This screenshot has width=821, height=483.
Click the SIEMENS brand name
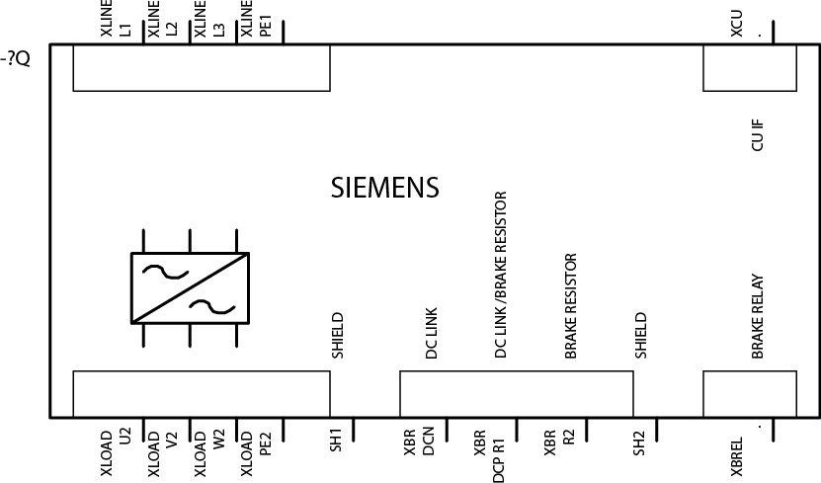click(384, 188)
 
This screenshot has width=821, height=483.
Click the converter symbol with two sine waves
click(190, 287)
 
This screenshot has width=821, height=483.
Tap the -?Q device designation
click(18, 59)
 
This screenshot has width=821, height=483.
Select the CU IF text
click(758, 134)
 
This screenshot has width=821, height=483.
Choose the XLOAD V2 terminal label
click(163, 452)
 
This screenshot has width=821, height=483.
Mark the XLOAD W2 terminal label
click(209, 452)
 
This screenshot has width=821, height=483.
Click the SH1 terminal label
click(335, 441)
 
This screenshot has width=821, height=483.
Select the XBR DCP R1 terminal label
click(489, 452)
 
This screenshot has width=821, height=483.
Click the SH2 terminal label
click(639, 441)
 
